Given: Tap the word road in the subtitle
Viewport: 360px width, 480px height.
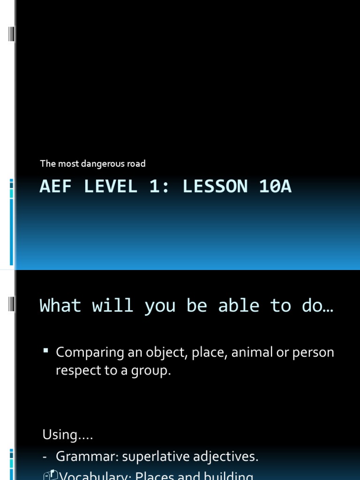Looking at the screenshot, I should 136,164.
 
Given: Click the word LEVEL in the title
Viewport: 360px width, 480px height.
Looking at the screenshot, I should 111,187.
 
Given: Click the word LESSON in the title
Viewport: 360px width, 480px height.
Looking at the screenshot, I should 214,187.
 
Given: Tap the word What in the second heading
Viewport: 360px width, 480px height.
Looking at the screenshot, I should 60,306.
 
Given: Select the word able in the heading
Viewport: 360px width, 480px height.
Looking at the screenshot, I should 239,306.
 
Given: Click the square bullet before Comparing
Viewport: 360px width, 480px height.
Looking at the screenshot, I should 46,350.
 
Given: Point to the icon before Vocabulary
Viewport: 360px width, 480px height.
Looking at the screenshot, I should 51,475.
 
